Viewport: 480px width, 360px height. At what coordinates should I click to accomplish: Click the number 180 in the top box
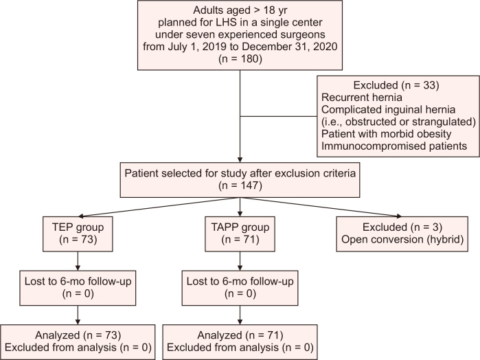[247, 58]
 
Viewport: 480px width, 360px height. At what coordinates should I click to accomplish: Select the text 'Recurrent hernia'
[362, 98]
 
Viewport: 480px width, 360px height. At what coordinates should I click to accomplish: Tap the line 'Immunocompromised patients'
[394, 146]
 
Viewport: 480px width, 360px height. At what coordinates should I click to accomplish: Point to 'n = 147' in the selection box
[240, 185]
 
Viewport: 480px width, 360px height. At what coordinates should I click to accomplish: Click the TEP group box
[78, 234]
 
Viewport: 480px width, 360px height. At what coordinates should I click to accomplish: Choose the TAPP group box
[240, 234]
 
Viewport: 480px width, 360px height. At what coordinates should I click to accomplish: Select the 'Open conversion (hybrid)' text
[402, 239]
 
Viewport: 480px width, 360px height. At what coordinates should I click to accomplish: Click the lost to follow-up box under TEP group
[78, 288]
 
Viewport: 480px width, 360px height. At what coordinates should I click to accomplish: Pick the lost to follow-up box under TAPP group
[240, 288]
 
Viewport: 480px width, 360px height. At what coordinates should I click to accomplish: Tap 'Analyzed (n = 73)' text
[78, 335]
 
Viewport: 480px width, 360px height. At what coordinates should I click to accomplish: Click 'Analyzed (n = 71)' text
[240, 335]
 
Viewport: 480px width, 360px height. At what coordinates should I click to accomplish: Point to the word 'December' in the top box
[264, 47]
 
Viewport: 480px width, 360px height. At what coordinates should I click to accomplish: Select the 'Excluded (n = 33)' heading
[396, 85]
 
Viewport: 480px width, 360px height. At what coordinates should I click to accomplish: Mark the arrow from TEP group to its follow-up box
[78, 261]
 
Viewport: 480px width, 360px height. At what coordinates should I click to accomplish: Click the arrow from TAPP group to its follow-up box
[240, 261]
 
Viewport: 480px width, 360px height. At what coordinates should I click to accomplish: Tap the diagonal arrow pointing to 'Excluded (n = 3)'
[321, 207]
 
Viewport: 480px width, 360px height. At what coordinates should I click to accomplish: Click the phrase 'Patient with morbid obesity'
[387, 134]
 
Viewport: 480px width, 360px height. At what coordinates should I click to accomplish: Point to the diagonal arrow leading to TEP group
[159, 207]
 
